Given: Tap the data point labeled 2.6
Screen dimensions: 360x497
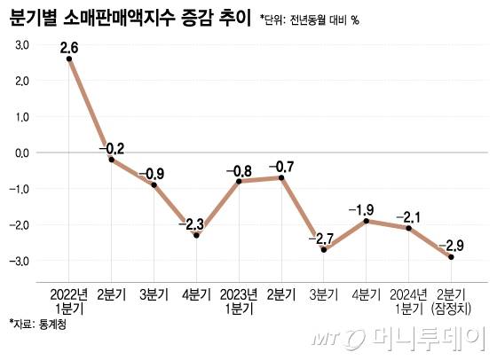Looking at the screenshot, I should click(69, 59).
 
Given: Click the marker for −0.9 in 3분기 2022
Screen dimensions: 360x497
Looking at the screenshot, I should click(154, 184).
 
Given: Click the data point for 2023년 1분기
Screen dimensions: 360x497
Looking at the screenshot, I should click(239, 181).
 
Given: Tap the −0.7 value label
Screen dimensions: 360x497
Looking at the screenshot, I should click(281, 166).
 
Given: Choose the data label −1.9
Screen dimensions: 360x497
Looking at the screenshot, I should click(367, 209).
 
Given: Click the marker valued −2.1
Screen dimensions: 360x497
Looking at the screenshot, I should click(409, 228).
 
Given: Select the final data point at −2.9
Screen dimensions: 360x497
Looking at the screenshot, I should click(451, 257).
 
